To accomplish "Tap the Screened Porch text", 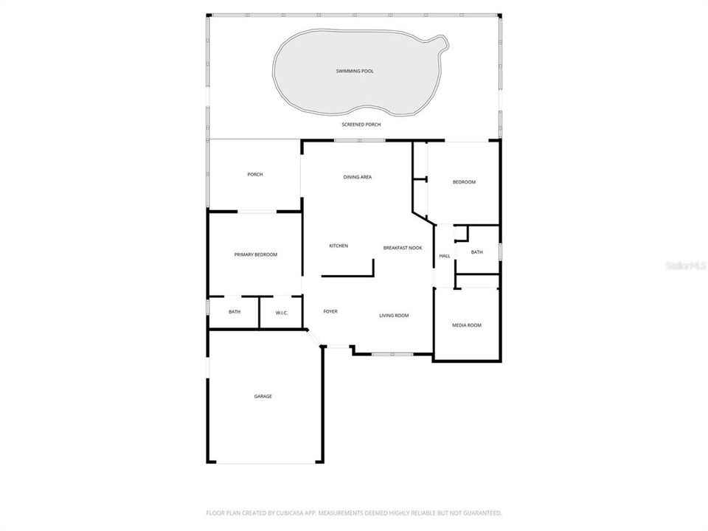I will [x=361, y=125].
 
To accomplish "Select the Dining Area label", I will [x=358, y=177].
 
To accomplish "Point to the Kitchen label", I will [x=339, y=246].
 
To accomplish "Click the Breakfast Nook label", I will [x=403, y=248].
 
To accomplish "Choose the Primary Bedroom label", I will [x=256, y=254].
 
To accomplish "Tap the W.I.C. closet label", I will [x=282, y=313].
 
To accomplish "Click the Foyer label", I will [x=330, y=311].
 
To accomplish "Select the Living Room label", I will [x=394, y=316].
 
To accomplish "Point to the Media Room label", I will [x=467, y=324].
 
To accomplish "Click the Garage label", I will [x=263, y=396].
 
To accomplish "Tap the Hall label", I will [x=445, y=256].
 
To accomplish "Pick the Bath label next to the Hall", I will [x=477, y=252].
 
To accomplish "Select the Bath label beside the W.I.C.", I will [x=235, y=312].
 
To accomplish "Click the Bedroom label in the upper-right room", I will [x=464, y=182].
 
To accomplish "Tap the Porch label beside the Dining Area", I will [x=255, y=174].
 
